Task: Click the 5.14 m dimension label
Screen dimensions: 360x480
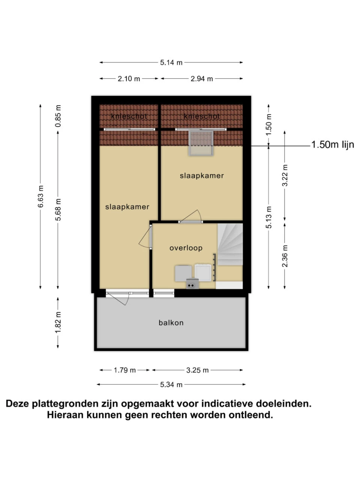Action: [x=171, y=63]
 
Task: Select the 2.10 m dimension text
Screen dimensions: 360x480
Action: [x=129, y=79]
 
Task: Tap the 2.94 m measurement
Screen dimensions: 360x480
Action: [x=201, y=79]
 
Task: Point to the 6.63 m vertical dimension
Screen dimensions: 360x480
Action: [x=40, y=196]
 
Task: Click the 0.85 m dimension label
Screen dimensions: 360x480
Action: [x=58, y=116]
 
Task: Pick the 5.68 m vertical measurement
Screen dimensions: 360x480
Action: [x=58, y=210]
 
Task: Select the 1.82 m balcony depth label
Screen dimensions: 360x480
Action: [x=58, y=322]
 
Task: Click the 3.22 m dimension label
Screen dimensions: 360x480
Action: [x=285, y=175]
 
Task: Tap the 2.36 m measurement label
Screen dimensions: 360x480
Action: [x=285, y=256]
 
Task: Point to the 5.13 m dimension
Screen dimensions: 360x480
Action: [x=268, y=217]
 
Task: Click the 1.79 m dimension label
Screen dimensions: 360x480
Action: [x=124, y=370]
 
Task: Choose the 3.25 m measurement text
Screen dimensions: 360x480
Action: [x=197, y=370]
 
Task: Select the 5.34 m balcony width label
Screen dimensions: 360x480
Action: [x=171, y=385]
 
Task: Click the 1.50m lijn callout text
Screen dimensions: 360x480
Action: [x=333, y=145]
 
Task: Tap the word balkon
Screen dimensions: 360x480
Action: [x=171, y=323]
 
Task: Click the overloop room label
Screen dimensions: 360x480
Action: [x=186, y=248]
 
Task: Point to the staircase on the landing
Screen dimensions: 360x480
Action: [x=230, y=244]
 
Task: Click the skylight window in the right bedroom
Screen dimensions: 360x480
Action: [x=201, y=143]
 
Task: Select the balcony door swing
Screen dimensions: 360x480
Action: [x=117, y=298]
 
